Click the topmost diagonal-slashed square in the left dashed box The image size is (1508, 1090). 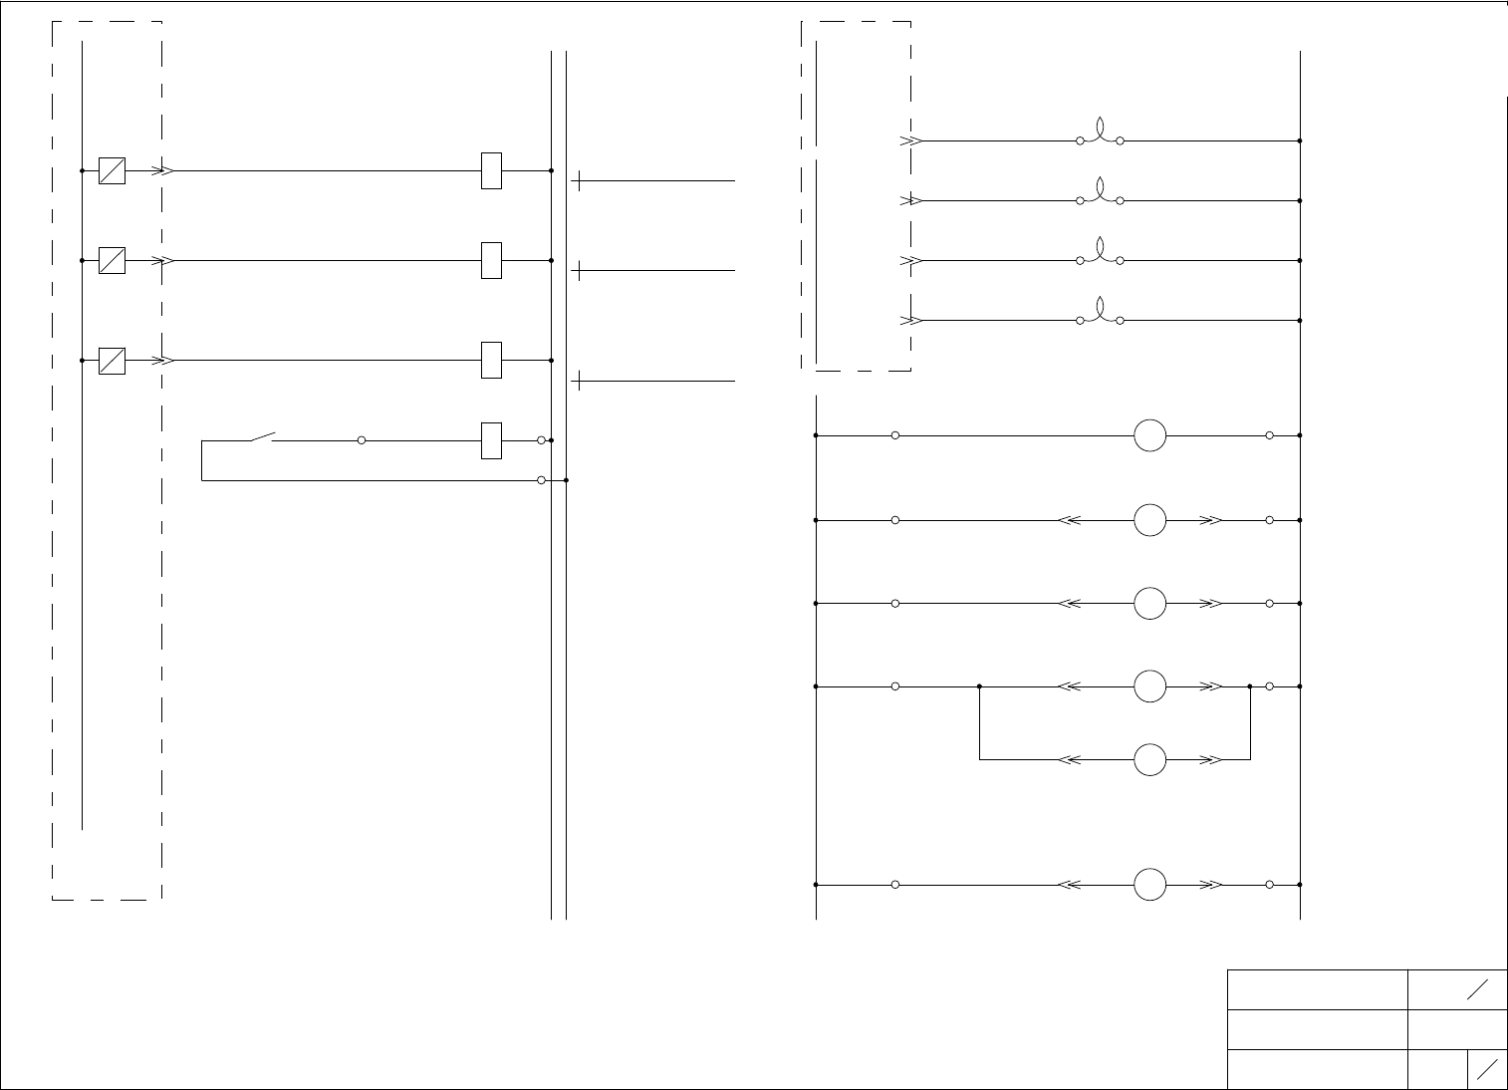click(x=112, y=171)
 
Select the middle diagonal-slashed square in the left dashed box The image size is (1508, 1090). click(x=112, y=261)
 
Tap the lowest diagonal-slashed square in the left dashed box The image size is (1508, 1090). click(x=112, y=361)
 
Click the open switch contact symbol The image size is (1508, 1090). click(x=262, y=436)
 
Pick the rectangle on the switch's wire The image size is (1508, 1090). click(x=491, y=440)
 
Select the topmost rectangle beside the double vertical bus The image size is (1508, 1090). click(x=491, y=171)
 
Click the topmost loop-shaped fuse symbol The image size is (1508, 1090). click(x=1100, y=134)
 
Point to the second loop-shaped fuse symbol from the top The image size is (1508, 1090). click(x=1100, y=193)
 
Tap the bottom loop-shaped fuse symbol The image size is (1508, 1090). click(x=1100, y=313)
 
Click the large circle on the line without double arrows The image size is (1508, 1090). click(x=1149, y=435)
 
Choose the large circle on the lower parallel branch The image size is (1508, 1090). click(x=1149, y=759)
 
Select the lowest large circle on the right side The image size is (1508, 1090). click(x=1149, y=885)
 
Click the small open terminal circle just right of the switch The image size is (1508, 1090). click(x=362, y=440)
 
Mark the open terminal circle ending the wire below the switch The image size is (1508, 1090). click(x=541, y=480)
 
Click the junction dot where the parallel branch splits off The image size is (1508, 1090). click(x=980, y=686)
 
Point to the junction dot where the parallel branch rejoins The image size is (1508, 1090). click(x=1250, y=686)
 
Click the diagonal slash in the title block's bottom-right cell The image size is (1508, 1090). click(x=1487, y=1069)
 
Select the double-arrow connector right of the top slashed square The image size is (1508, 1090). click(x=164, y=171)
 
